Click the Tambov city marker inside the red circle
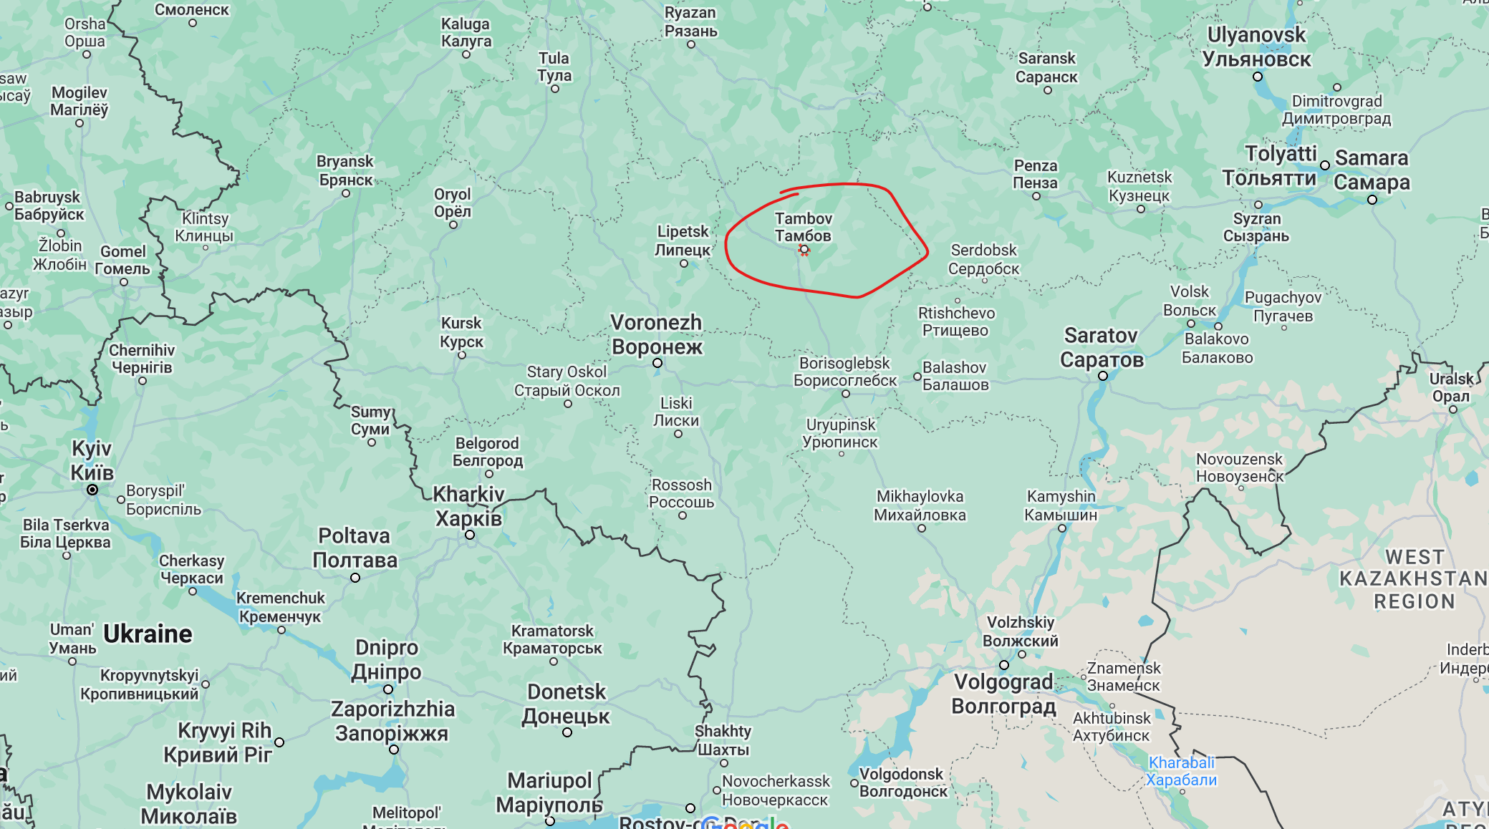point(804,250)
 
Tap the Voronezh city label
point(657,335)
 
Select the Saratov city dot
point(1103,376)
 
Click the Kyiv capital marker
point(92,490)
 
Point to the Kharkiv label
point(469,506)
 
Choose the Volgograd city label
point(1003,694)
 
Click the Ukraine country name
point(148,634)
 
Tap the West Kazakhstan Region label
point(1413,578)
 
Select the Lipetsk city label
point(683,241)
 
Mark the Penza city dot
point(1036,196)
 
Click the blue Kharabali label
point(1181,771)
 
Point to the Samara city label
point(1372,170)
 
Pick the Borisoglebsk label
point(844,372)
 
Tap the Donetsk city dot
point(567,732)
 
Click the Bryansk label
point(345,170)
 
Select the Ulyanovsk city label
point(1257,47)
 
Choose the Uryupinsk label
point(840,433)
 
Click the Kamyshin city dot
point(1062,528)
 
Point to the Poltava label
point(355,548)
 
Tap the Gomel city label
point(122,260)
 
